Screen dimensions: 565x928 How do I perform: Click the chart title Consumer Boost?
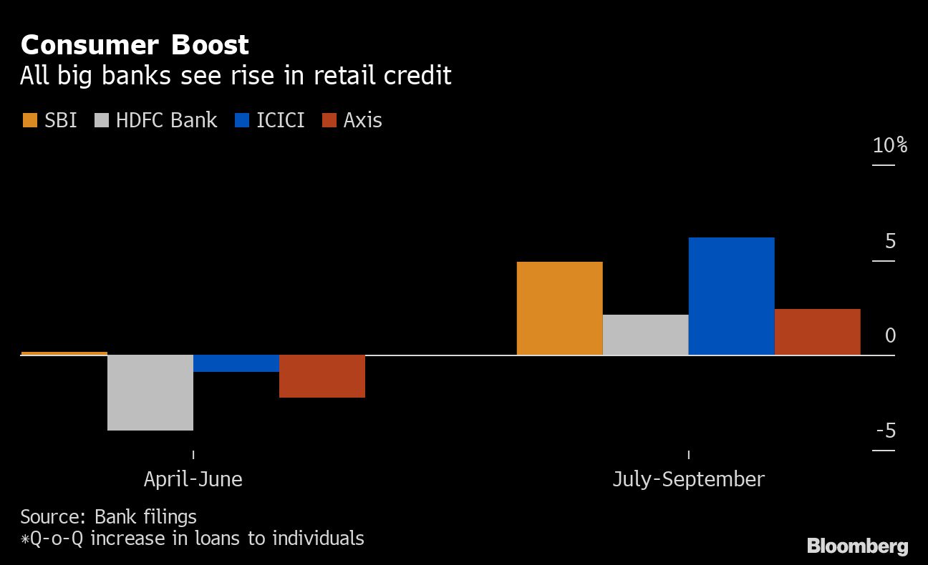(x=135, y=45)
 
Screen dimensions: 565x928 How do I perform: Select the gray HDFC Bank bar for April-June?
(x=150, y=392)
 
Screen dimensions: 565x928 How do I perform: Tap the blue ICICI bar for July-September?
(x=731, y=296)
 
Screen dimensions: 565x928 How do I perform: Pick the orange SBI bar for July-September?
(x=559, y=308)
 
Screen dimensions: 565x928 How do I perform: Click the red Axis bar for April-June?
(x=322, y=376)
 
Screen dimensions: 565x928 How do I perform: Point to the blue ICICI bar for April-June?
(x=236, y=363)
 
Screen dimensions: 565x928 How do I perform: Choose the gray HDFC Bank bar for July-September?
(x=645, y=335)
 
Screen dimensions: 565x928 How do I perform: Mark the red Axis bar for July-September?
(x=817, y=332)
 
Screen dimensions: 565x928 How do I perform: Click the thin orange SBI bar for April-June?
(x=64, y=353)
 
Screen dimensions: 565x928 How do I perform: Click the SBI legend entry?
(x=50, y=120)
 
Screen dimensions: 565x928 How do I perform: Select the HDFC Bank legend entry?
(x=156, y=120)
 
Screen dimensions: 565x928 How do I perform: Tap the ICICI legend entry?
(x=270, y=120)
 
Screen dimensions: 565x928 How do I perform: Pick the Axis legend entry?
(x=352, y=120)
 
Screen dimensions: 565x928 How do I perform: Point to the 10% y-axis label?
(x=889, y=146)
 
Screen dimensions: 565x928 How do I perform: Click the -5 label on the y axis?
(x=886, y=431)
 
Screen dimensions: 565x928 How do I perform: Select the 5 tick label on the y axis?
(x=890, y=242)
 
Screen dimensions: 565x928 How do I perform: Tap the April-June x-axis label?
(x=193, y=478)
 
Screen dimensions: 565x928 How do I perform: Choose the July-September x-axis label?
(x=688, y=478)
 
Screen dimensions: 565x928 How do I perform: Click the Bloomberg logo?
(x=857, y=546)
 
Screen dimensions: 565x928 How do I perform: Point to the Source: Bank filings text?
(x=108, y=516)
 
